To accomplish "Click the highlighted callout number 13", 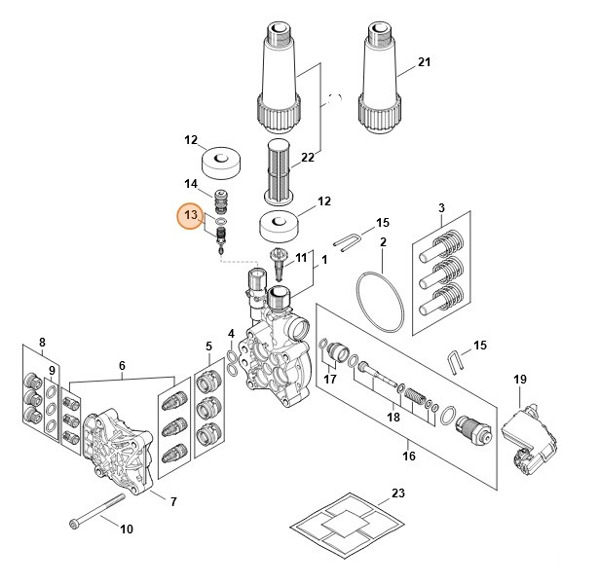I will pyautogui.click(x=191, y=216).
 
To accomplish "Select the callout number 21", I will pyautogui.click(x=423, y=62).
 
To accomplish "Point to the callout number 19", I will pyautogui.click(x=519, y=379).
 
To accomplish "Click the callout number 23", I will pyautogui.click(x=396, y=493).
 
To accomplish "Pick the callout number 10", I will pyautogui.click(x=126, y=529).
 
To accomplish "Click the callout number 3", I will pyautogui.click(x=441, y=208).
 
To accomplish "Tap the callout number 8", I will pyautogui.click(x=41, y=342).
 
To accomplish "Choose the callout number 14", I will pyautogui.click(x=191, y=183).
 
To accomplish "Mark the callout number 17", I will pyautogui.click(x=329, y=380).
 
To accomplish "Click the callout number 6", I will pyautogui.click(x=122, y=366).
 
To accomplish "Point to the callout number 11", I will pyautogui.click(x=301, y=258).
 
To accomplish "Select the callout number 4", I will pyautogui.click(x=231, y=334).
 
